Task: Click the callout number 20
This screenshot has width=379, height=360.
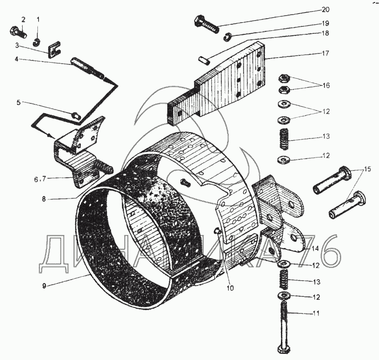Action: point(325,10)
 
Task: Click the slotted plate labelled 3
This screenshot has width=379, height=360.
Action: point(55,49)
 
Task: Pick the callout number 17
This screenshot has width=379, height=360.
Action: point(325,53)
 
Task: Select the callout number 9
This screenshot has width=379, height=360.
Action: point(44,286)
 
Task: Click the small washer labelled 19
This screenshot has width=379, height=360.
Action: point(227,37)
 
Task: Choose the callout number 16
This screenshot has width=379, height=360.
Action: point(325,85)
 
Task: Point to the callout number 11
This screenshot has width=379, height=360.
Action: point(315,314)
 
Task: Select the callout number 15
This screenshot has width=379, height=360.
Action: point(367,169)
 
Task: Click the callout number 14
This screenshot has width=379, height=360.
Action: point(315,248)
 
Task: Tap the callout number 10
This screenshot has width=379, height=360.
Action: point(230,288)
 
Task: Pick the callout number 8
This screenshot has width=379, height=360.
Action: point(44,199)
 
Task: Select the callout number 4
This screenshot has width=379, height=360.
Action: point(17,59)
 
